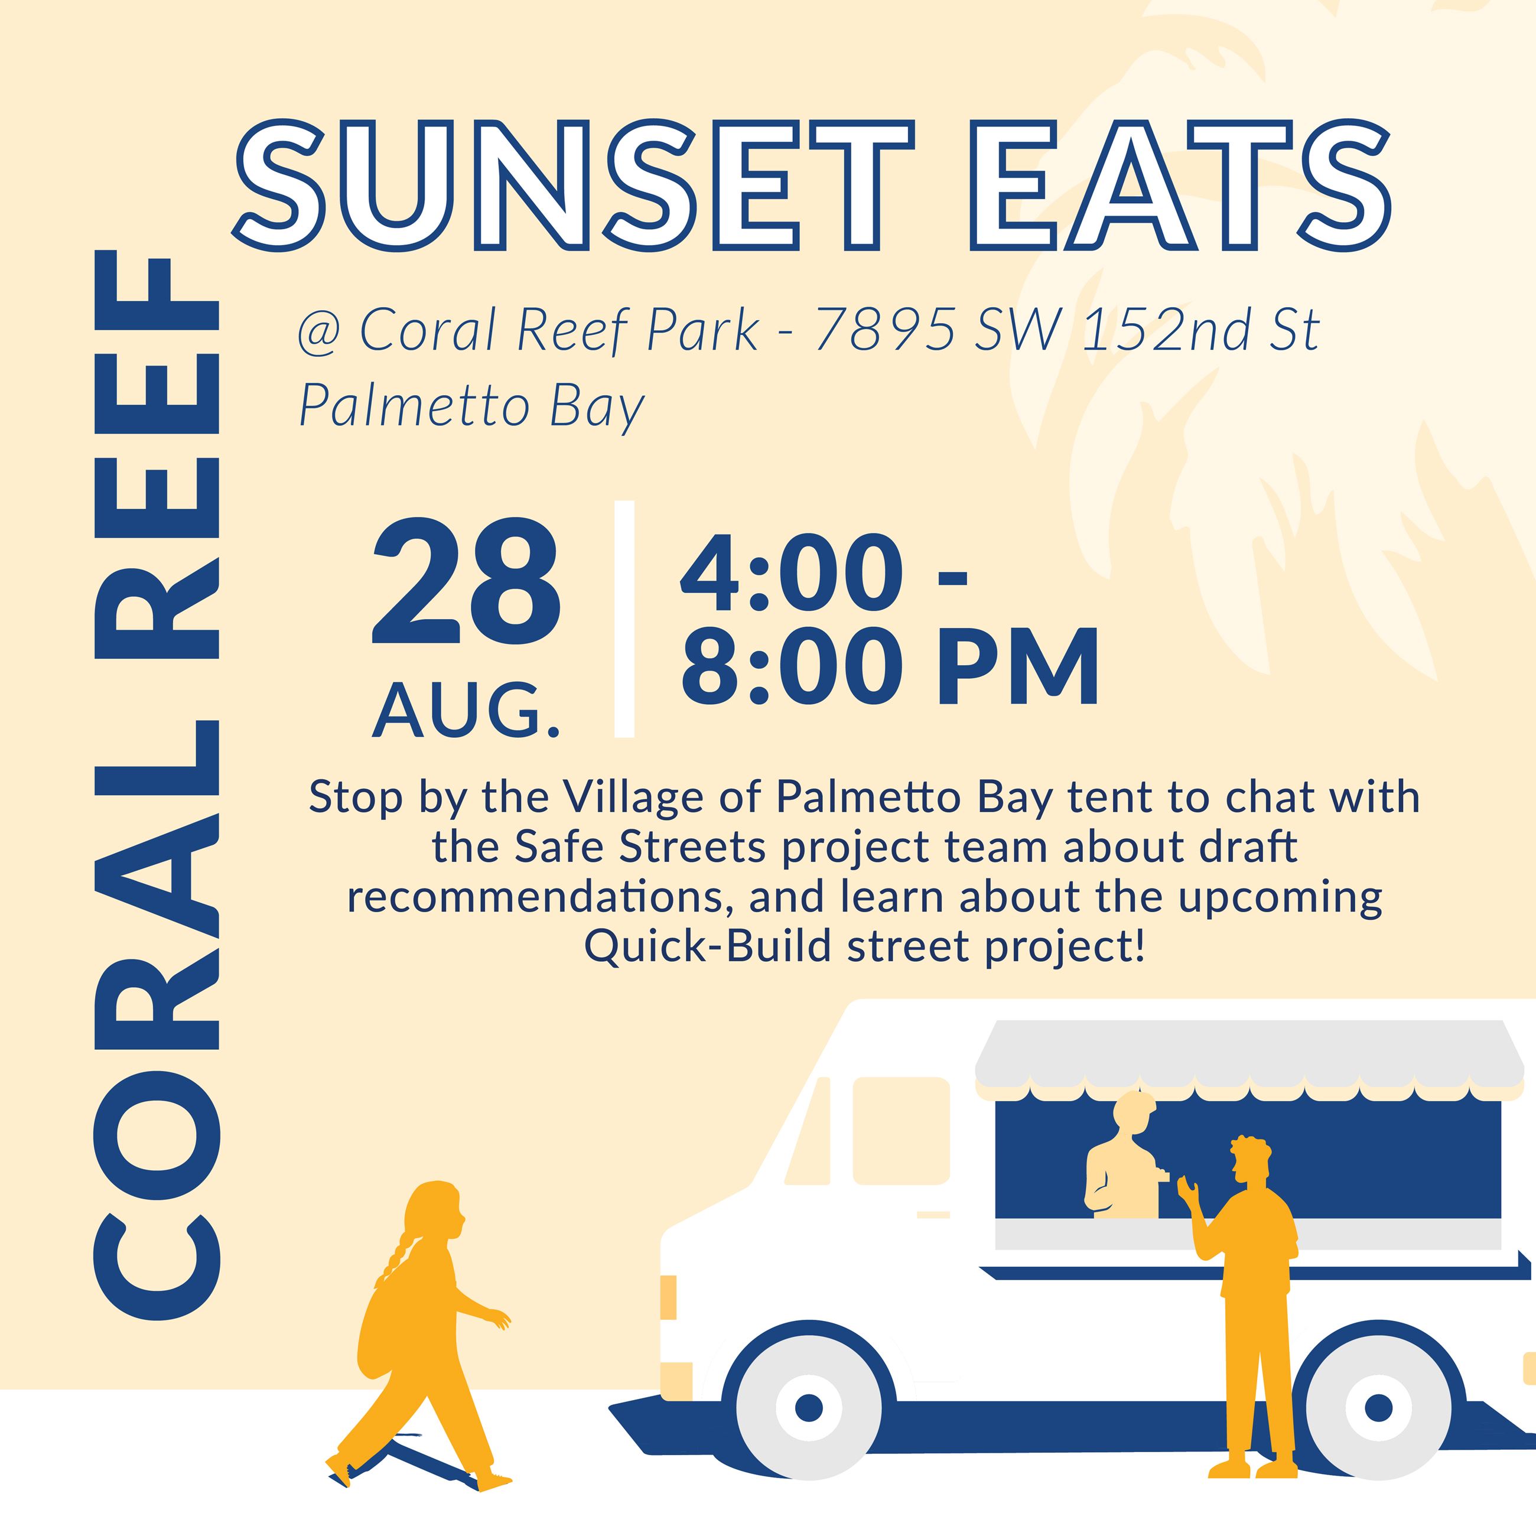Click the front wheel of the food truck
(x=809, y=1407)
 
